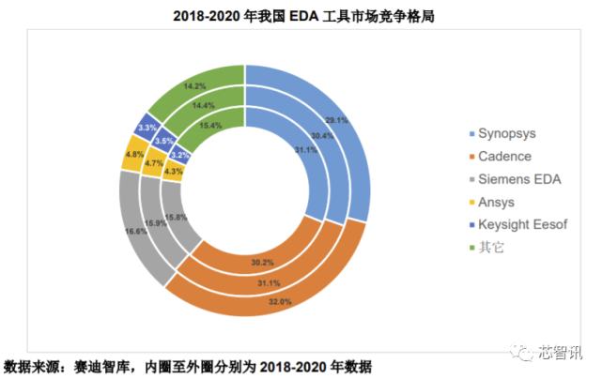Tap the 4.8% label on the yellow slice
point(133,154)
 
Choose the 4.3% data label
point(173,171)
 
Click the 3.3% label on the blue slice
point(146,127)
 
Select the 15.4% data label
point(209,124)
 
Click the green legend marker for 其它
point(457,247)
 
